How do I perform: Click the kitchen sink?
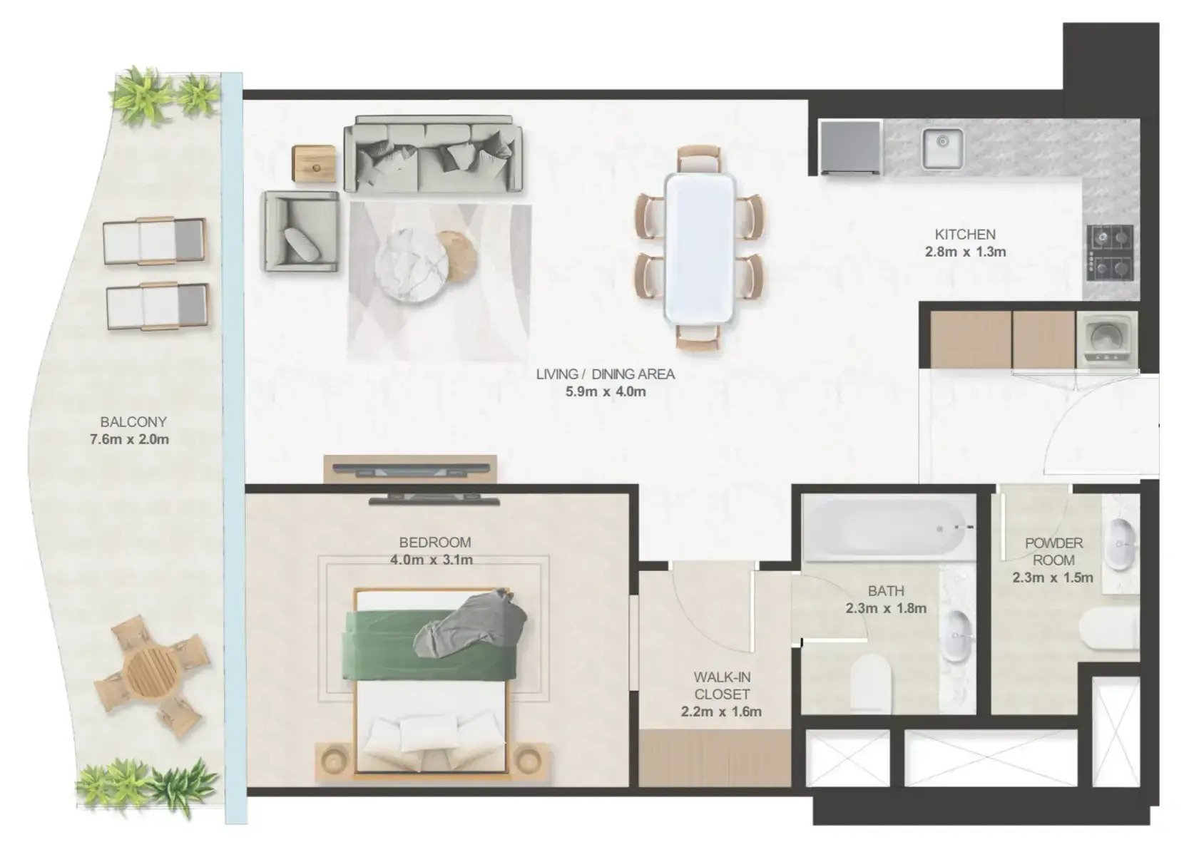click(x=942, y=148)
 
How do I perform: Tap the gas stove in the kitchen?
click(x=1110, y=253)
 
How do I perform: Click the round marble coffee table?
click(x=412, y=265)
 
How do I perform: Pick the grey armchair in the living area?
click(x=300, y=232)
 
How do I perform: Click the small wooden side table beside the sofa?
click(x=314, y=163)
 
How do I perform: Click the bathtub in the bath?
click(x=889, y=528)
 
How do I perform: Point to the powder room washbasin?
click(x=1121, y=545)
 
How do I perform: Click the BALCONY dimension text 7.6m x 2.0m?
click(x=130, y=439)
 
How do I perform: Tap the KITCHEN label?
click(x=965, y=234)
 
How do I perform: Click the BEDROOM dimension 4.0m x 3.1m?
click(x=432, y=559)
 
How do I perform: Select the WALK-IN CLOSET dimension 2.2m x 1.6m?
click(x=721, y=712)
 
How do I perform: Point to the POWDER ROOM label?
click(x=1053, y=551)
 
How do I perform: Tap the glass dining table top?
click(x=700, y=248)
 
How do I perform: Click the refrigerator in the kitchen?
click(x=850, y=147)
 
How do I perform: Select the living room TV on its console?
click(x=411, y=468)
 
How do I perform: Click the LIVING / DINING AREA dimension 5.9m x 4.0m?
click(x=606, y=391)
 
